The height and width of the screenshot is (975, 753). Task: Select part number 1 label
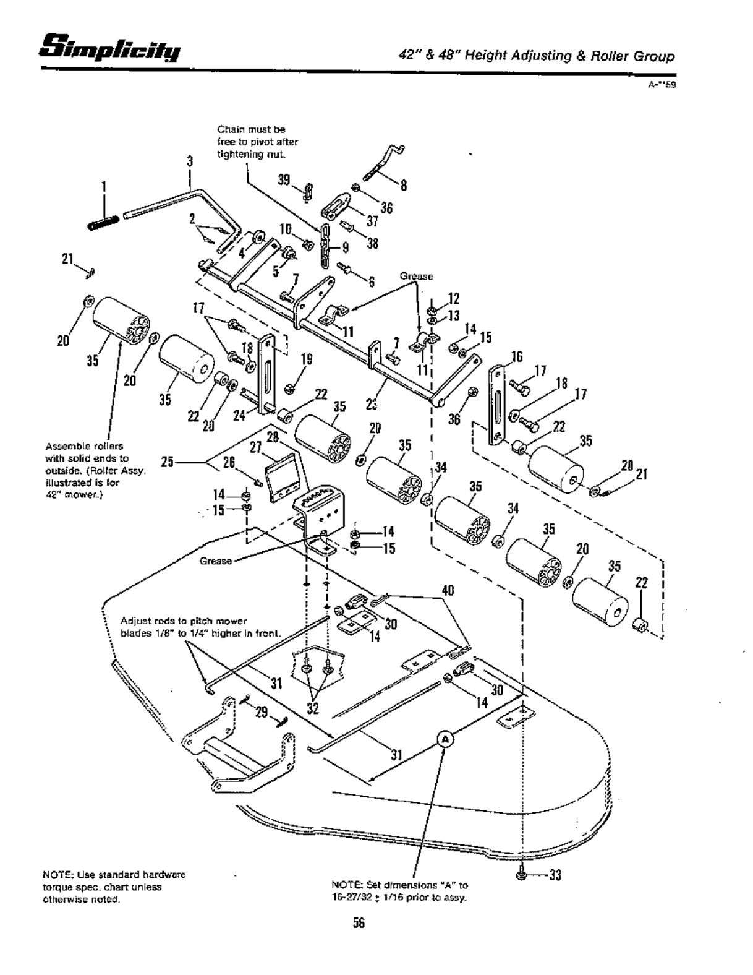(x=104, y=186)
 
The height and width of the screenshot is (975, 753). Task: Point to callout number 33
(x=555, y=875)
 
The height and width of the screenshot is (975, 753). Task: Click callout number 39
(x=284, y=179)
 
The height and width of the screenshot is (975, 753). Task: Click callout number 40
(x=448, y=590)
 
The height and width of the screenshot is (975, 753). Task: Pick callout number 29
(x=262, y=713)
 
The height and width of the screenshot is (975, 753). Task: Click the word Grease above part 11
(x=416, y=277)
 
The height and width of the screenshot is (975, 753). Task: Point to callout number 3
(x=189, y=162)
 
